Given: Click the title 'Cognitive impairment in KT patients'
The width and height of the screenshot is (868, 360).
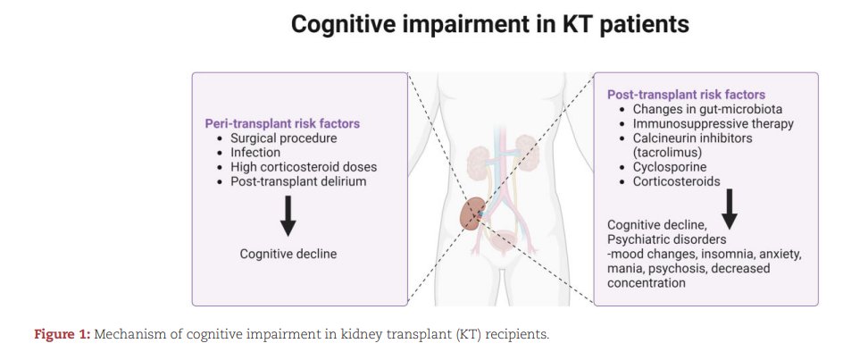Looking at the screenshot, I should pyautogui.click(x=490, y=25).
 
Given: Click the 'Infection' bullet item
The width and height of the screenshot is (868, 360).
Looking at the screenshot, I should pyautogui.click(x=255, y=153).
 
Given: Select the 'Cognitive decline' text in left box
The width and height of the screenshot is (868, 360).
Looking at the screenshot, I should pyautogui.click(x=288, y=255).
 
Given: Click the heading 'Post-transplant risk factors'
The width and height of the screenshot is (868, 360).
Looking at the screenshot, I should pyautogui.click(x=686, y=95).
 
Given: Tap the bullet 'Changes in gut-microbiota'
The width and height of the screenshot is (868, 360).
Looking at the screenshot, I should pyautogui.click(x=708, y=109).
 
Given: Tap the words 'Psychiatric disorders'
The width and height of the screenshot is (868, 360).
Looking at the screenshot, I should pyautogui.click(x=666, y=239).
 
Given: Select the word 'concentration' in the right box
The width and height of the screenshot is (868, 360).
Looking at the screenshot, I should pyautogui.click(x=647, y=282).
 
